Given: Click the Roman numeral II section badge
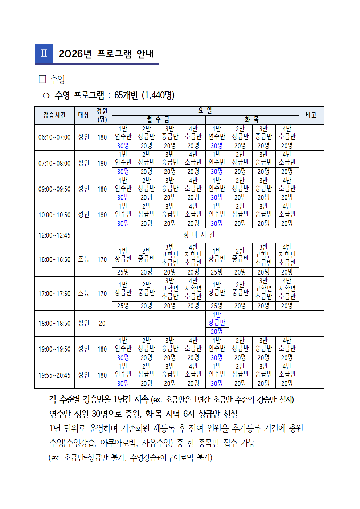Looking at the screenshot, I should [x=44, y=53].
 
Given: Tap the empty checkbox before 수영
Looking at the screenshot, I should [x=42, y=79].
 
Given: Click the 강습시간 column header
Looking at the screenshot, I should [x=54, y=115].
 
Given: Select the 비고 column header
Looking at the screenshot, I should [x=311, y=115].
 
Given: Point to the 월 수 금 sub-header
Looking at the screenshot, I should [x=158, y=120].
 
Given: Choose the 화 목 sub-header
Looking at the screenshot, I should [x=252, y=120].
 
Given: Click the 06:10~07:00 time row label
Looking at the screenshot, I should [x=54, y=137].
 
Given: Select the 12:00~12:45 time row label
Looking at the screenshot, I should [x=54, y=235].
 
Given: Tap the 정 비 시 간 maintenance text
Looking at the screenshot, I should [x=199, y=235].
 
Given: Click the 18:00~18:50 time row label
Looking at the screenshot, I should [x=54, y=323].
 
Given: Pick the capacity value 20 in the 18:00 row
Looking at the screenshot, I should [x=102, y=323].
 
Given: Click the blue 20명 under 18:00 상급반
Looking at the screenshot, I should [x=217, y=332].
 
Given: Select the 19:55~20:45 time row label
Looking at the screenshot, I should [x=54, y=375].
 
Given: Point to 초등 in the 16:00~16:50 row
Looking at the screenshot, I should [x=84, y=259].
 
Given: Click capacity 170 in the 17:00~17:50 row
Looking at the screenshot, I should [x=102, y=294].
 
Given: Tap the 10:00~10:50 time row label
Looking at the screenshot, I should [x=54, y=215].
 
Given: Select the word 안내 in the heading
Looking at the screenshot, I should [x=145, y=54].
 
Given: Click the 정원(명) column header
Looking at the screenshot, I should [x=102, y=115].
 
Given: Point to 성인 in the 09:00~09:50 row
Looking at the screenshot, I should [x=84, y=189].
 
